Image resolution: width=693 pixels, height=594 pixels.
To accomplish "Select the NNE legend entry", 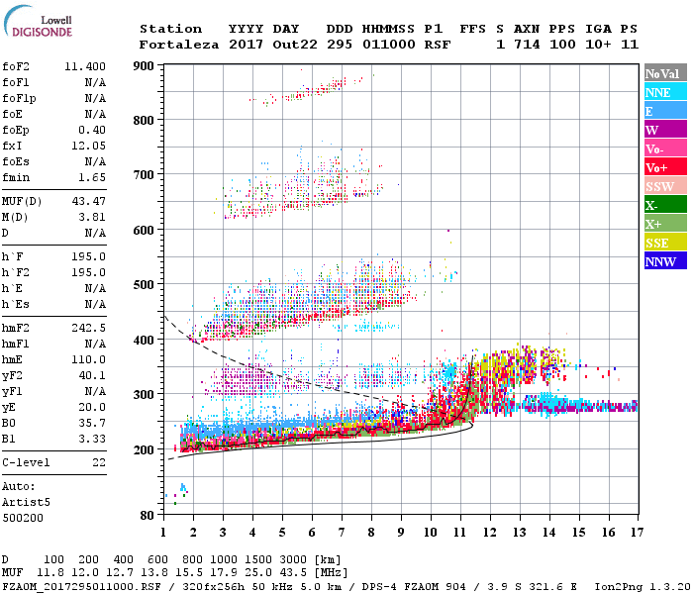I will [657, 92].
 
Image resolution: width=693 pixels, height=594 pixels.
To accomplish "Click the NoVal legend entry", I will [661, 73].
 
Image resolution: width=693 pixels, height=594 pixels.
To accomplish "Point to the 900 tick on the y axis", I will [145, 66].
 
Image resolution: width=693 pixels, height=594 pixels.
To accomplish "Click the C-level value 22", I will [98, 462].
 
